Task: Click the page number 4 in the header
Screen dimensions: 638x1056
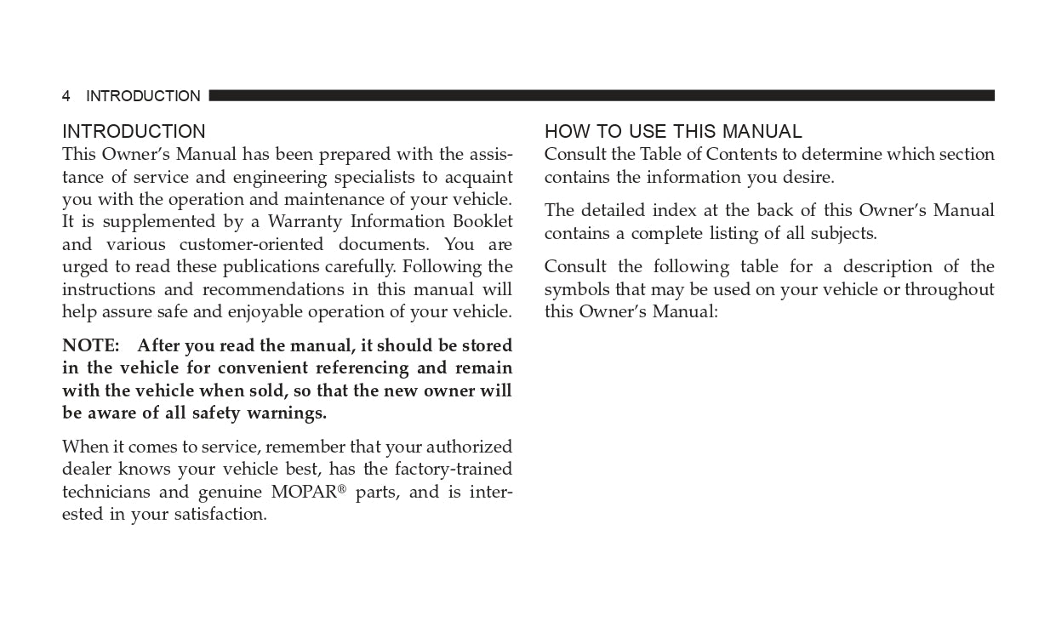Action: [66, 96]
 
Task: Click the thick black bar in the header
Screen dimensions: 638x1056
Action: [601, 95]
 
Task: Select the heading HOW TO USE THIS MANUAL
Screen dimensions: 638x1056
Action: [673, 132]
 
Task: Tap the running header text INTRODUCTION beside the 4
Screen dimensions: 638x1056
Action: [143, 96]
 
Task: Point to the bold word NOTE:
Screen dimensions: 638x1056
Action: [90, 346]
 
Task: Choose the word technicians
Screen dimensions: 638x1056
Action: [106, 493]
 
